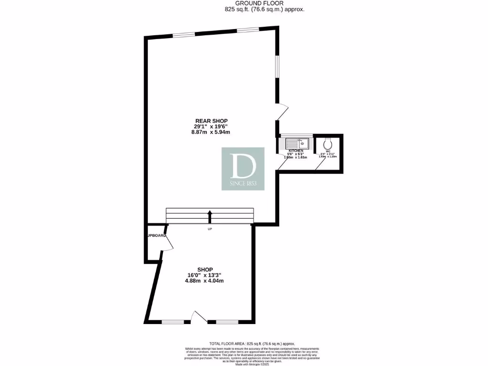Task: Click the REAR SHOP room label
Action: coord(211,121)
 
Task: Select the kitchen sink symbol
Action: coord(297,142)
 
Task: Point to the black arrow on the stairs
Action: coord(209,216)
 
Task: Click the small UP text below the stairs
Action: coord(209,230)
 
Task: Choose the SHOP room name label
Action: coord(205,269)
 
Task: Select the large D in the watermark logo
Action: coord(243,165)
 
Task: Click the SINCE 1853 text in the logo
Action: coord(243,183)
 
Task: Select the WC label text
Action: coord(328,152)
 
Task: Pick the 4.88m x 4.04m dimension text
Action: coord(205,281)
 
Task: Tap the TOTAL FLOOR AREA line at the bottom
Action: coord(253,344)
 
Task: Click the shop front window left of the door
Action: coord(173,323)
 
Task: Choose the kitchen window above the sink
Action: coord(295,136)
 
